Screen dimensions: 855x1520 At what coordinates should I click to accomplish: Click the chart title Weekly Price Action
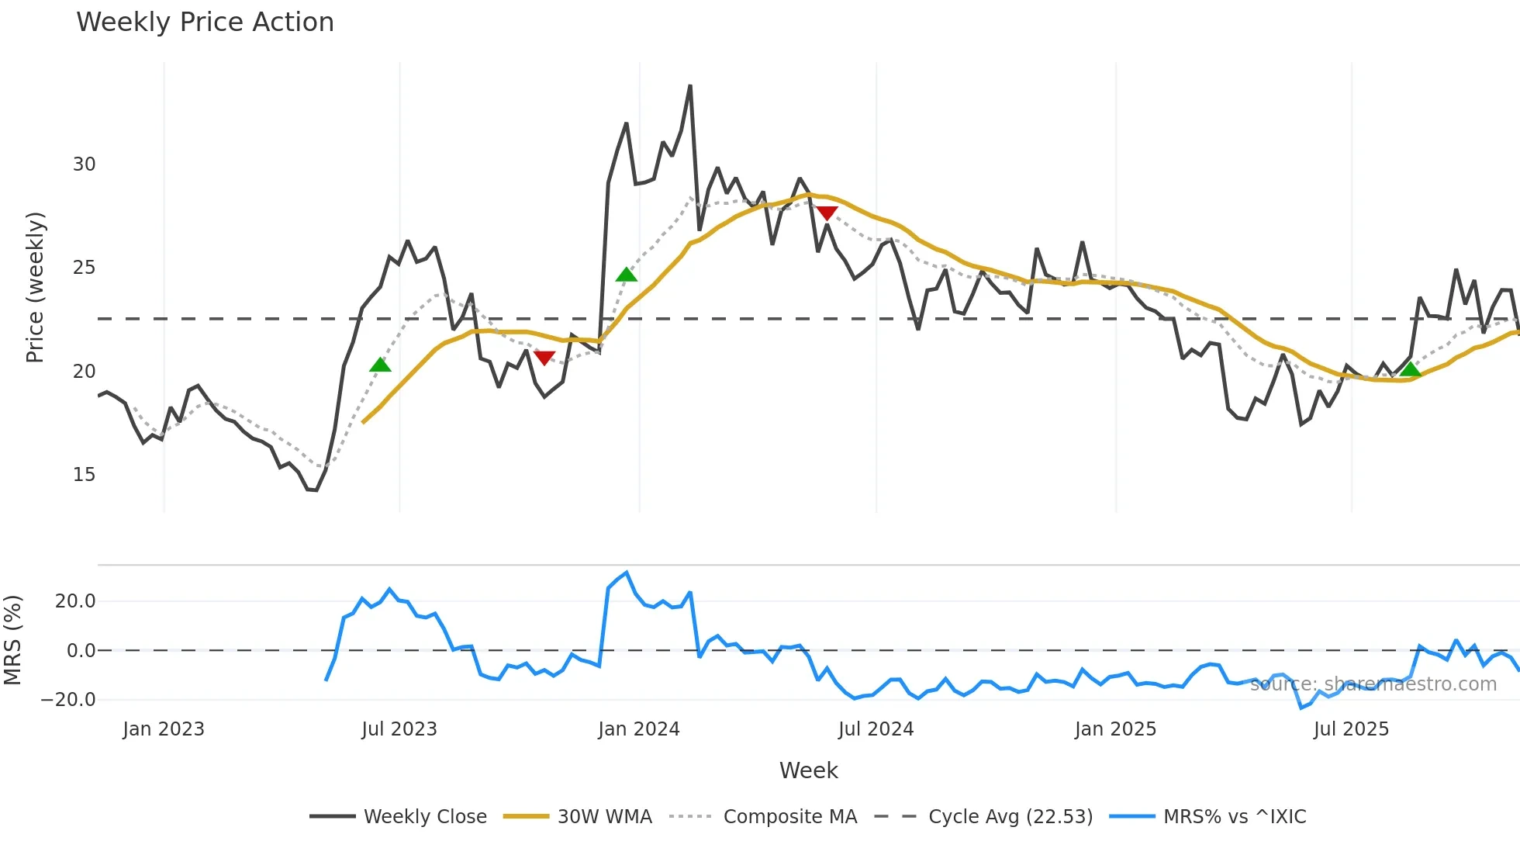(205, 22)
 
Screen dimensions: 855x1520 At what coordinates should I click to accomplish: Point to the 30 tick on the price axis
(84, 164)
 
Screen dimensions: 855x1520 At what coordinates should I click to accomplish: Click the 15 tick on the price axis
(84, 475)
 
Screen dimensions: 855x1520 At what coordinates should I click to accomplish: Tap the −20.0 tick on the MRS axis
(68, 700)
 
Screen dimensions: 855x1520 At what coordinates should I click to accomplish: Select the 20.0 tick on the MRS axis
(75, 601)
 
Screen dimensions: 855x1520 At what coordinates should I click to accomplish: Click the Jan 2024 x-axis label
(639, 729)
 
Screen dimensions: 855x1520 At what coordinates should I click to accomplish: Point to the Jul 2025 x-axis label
(1351, 729)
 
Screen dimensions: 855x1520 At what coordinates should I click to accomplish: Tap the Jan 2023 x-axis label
(164, 729)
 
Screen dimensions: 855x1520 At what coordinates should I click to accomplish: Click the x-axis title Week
(808, 770)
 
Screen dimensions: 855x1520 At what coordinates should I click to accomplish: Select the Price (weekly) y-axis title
(35, 287)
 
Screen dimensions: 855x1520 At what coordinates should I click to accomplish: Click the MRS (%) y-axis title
(12, 640)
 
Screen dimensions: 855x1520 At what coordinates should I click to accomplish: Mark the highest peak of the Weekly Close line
(689, 86)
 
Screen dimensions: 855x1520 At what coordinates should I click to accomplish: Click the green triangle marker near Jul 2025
(1411, 369)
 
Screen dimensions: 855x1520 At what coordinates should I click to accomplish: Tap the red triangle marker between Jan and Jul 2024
(827, 213)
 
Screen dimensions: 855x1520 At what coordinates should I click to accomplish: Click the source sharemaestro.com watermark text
(1373, 684)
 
